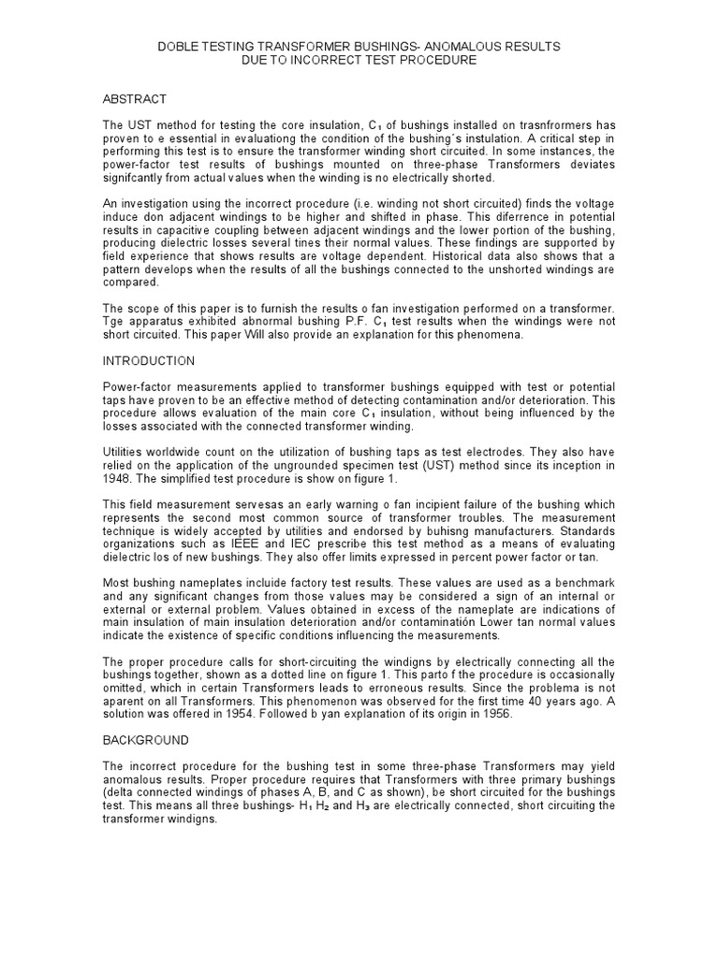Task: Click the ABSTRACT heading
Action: pos(135,99)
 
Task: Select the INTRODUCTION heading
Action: pos(149,360)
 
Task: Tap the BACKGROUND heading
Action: pos(145,740)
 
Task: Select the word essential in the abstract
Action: pos(201,138)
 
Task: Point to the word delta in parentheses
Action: pos(120,791)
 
